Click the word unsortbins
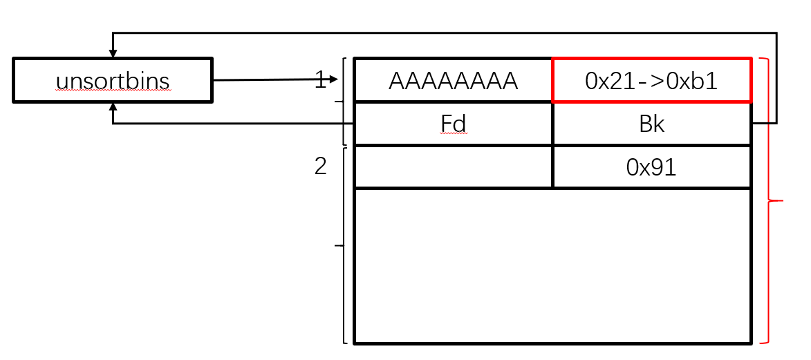(112, 82)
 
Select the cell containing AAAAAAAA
(453, 82)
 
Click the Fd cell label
(453, 124)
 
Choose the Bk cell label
(651, 124)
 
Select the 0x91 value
(651, 167)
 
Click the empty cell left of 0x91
(453, 167)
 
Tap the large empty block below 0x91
(552, 265)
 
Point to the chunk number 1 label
(320, 81)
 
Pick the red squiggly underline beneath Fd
(453, 135)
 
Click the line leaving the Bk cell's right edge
(765, 124)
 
